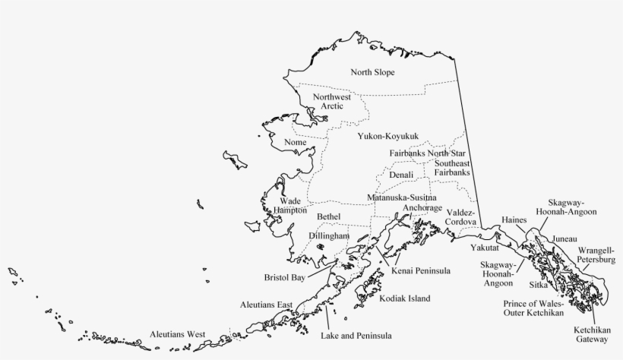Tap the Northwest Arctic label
pyautogui.click(x=332, y=102)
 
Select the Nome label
pyautogui.click(x=295, y=143)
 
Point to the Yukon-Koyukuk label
pyautogui.click(x=387, y=136)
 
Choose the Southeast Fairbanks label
pyautogui.click(x=452, y=168)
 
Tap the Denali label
pyautogui.click(x=401, y=175)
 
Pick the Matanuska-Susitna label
pyautogui.click(x=402, y=197)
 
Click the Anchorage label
pyautogui.click(x=422, y=207)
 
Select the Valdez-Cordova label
pyautogui.click(x=461, y=217)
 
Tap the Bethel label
pyautogui.click(x=329, y=217)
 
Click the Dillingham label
pyautogui.click(x=329, y=236)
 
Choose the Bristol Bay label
pyautogui.click(x=284, y=278)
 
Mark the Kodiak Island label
pyautogui.click(x=404, y=298)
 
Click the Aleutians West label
pyautogui.click(x=178, y=334)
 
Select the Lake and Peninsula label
pyautogui.click(x=356, y=335)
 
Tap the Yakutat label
pyautogui.click(x=484, y=248)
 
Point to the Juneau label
pyautogui.click(x=564, y=238)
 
